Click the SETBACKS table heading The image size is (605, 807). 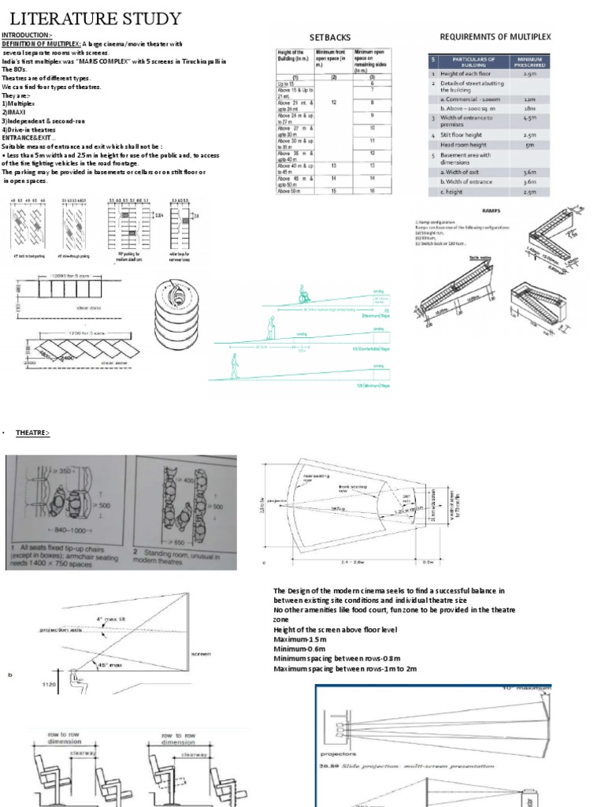point(330,37)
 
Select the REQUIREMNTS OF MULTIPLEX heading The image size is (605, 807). point(496,36)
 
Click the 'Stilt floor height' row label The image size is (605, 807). point(467,135)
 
